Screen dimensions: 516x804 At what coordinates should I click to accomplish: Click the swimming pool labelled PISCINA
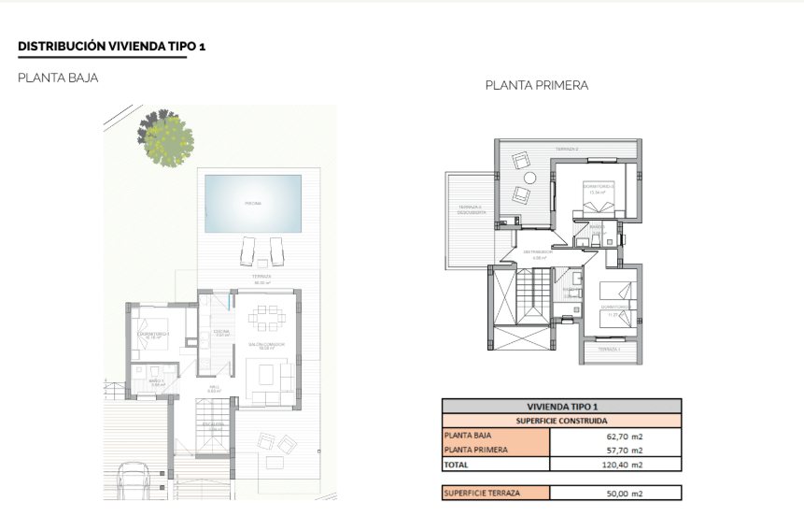(253, 202)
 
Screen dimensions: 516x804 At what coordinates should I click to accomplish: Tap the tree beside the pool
(167, 138)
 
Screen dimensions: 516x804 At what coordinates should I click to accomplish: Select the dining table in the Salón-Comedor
(262, 322)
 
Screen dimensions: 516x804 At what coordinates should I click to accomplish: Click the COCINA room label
(222, 332)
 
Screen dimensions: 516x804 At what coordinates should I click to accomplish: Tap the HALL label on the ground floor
(214, 388)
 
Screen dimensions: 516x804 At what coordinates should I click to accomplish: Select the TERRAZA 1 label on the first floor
(608, 349)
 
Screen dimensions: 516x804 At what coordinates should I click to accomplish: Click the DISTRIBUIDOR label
(539, 251)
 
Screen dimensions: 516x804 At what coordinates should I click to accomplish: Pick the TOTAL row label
(458, 464)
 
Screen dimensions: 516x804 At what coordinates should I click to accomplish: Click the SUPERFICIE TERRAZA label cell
(482, 493)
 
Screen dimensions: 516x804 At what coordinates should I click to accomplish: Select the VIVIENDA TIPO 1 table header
(561, 406)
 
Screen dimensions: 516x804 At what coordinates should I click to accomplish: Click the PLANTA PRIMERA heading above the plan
(536, 85)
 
